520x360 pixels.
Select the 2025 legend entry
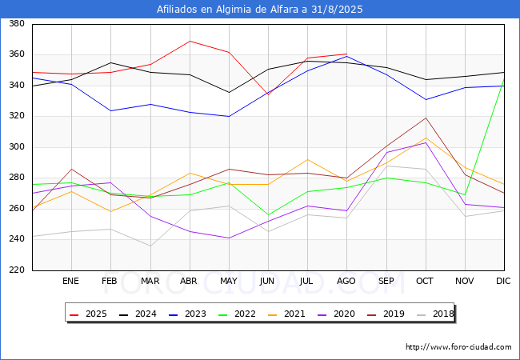coord(88,314)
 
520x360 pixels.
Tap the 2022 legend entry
coord(237,314)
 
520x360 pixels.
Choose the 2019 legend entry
coord(386,314)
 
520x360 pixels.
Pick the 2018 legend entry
coord(435,314)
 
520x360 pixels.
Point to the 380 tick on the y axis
coord(17,23)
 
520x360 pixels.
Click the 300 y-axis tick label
coord(17,146)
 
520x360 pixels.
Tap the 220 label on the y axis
coord(17,270)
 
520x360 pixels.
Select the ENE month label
coord(70,281)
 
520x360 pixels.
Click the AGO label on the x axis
coord(346,281)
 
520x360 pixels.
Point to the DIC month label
coord(503,281)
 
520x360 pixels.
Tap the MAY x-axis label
coord(229,281)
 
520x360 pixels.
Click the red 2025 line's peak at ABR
coord(190,41)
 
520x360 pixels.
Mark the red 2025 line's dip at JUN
coord(268,95)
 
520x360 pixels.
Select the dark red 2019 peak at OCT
coord(426,118)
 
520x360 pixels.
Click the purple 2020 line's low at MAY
coord(229,238)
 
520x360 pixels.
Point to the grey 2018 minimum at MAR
coord(150,246)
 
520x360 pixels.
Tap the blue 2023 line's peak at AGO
coord(347,56)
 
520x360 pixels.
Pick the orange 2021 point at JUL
coord(308,159)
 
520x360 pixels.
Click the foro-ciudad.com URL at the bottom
coord(458,347)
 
